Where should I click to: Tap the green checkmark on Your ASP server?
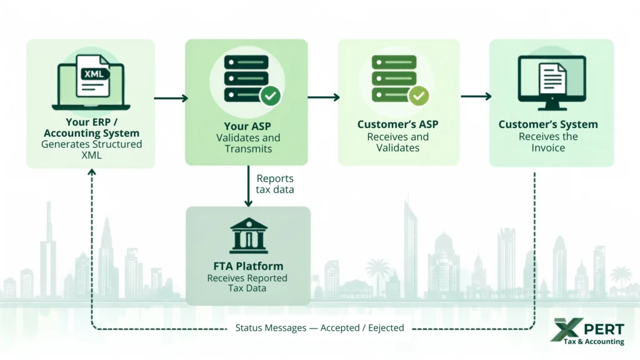pyautogui.click(x=270, y=96)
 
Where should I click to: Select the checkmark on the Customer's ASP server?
pyautogui.click(x=418, y=96)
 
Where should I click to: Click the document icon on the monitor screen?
pyautogui.click(x=552, y=78)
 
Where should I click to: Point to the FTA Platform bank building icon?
pyautogui.click(x=248, y=236)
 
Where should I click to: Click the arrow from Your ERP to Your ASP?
pyautogui.click(x=171, y=98)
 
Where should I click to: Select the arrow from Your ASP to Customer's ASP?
pyautogui.click(x=324, y=97)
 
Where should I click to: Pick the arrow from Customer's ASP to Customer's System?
pyautogui.click(x=476, y=96)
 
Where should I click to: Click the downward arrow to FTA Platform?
pyautogui.click(x=248, y=186)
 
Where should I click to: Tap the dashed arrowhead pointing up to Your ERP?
pyautogui.click(x=92, y=172)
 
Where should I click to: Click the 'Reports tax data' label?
pyautogui.click(x=275, y=184)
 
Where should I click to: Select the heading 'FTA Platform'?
pyautogui.click(x=248, y=266)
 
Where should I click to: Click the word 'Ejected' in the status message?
pyautogui.click(x=386, y=327)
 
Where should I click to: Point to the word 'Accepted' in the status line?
pyautogui.click(x=340, y=327)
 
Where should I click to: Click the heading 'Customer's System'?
pyautogui.click(x=548, y=124)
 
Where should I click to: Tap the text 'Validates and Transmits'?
pyautogui.click(x=248, y=143)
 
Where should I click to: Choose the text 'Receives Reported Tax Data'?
pyautogui.click(x=247, y=283)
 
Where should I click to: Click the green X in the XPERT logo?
pyautogui.click(x=566, y=329)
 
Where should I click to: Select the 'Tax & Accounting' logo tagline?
pyautogui.click(x=594, y=341)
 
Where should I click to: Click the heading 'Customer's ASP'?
pyautogui.click(x=398, y=124)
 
